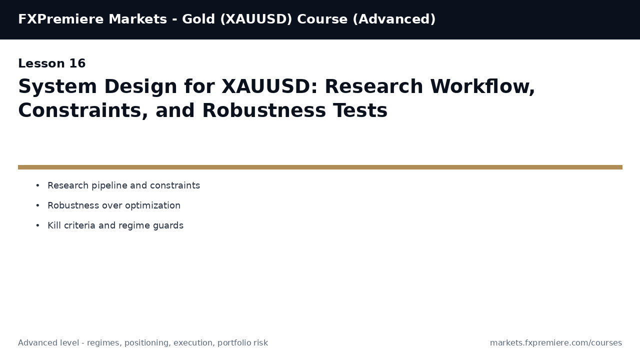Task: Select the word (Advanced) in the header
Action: point(394,19)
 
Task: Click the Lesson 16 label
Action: point(52,64)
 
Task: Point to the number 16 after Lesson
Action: point(77,64)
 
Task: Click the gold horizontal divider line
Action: point(320,167)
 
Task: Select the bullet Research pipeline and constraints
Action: point(123,185)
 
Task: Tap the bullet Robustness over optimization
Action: point(114,205)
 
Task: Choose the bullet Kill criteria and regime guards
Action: point(115,225)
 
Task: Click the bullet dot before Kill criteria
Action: point(37,225)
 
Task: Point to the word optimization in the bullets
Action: point(154,205)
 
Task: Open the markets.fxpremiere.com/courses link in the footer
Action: point(556,343)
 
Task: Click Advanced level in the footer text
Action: point(49,343)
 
